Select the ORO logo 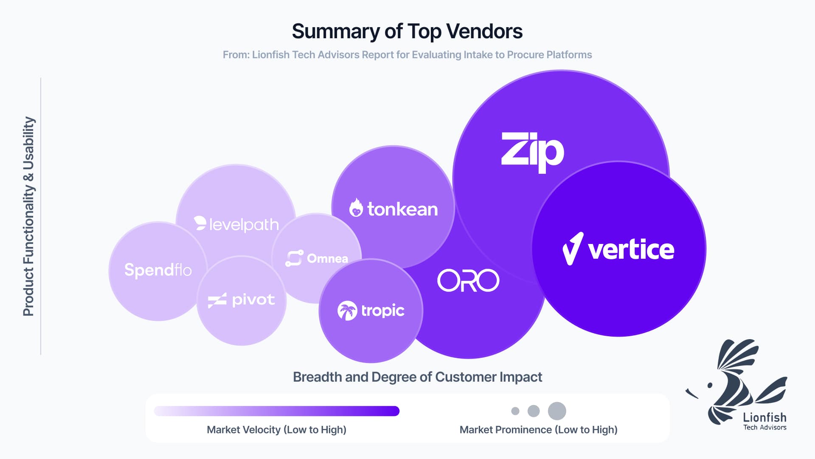point(468,280)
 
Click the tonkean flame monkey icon point(356,208)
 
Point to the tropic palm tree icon point(347,311)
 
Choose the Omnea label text point(327,258)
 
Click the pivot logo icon point(217,300)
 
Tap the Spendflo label point(158,270)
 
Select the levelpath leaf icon point(200,223)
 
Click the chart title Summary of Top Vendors point(407,31)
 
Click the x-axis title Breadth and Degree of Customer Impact point(417,377)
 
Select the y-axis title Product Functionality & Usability point(28,216)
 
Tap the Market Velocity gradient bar point(276,411)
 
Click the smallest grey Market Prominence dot point(515,411)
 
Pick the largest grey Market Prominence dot point(557,411)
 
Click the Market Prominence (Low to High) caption point(538,430)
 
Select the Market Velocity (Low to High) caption point(276,430)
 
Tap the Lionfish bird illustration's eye point(710,385)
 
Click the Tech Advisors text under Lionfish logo point(764,428)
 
